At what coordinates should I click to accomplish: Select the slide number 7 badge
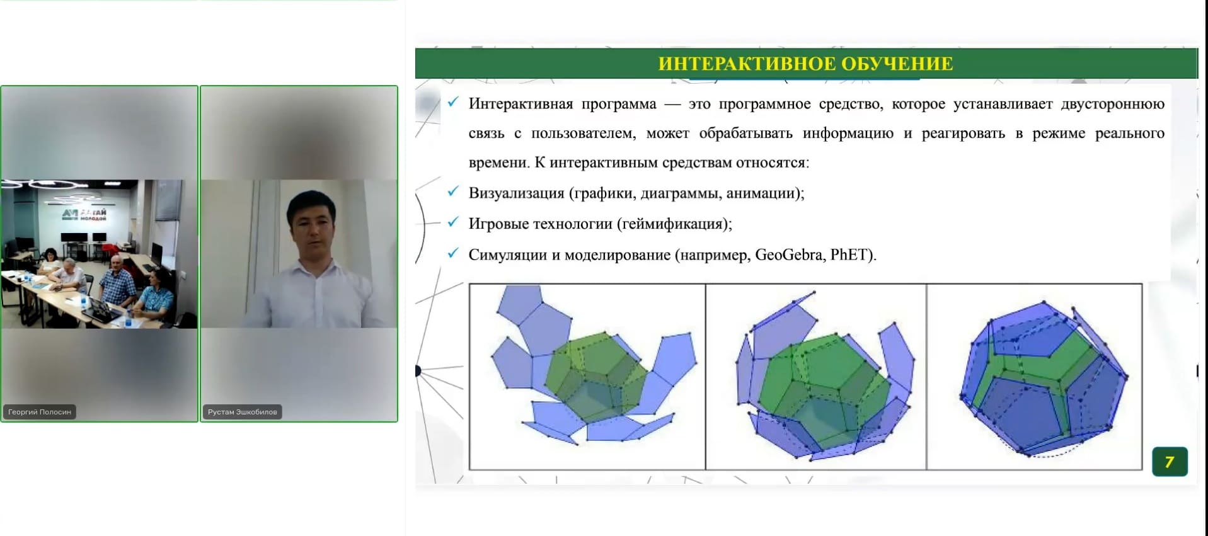(x=1170, y=462)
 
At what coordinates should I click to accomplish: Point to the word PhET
(x=850, y=255)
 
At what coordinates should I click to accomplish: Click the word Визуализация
(x=516, y=193)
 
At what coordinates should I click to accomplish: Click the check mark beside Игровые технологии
(x=453, y=222)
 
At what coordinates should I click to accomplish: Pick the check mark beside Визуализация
(x=453, y=191)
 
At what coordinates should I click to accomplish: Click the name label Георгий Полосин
(x=40, y=412)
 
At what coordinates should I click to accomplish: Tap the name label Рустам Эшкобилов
(x=243, y=412)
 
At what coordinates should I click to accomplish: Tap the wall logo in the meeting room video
(x=84, y=215)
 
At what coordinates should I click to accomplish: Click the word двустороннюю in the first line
(x=1112, y=105)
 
